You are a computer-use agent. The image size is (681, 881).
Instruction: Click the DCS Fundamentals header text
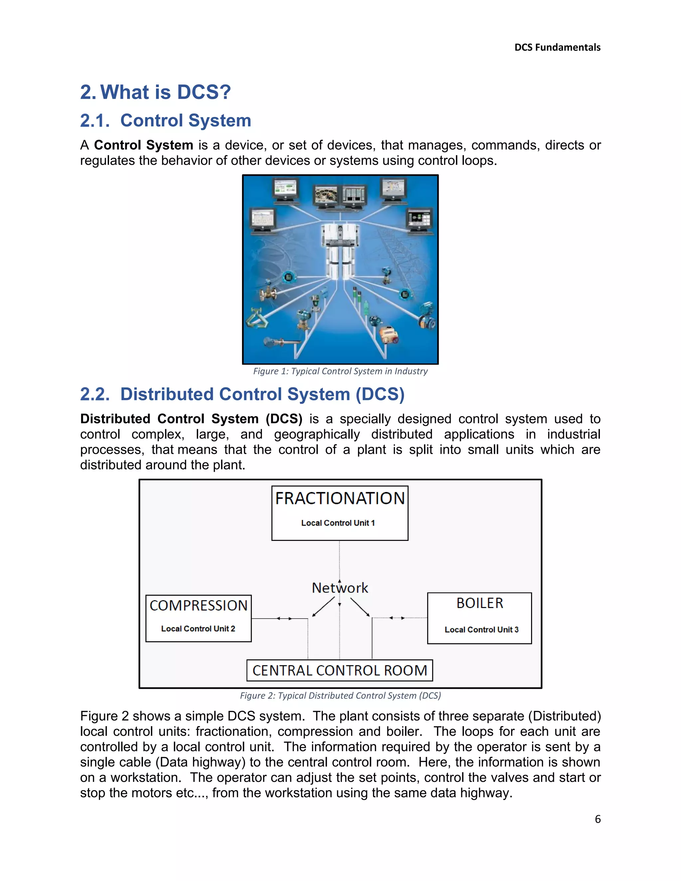pyautogui.click(x=557, y=48)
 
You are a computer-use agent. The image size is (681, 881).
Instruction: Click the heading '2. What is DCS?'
pyautogui.click(x=155, y=92)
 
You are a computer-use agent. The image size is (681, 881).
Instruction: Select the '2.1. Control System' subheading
pyautogui.click(x=165, y=121)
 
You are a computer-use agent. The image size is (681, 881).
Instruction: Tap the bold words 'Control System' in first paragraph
pyautogui.click(x=143, y=145)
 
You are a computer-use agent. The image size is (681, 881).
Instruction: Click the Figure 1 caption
pyautogui.click(x=340, y=371)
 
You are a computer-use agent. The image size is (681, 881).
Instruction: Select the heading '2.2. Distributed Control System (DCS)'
pyautogui.click(x=242, y=394)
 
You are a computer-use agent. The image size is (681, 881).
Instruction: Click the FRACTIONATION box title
pyautogui.click(x=340, y=499)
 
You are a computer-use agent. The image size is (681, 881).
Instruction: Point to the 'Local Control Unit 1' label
pyautogui.click(x=338, y=523)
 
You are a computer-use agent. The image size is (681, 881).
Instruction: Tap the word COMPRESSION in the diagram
pyautogui.click(x=198, y=605)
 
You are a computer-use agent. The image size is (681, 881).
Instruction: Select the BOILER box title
pyautogui.click(x=479, y=603)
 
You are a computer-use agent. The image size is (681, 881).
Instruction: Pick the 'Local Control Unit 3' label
pyautogui.click(x=481, y=630)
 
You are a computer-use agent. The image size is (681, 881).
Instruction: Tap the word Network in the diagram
pyautogui.click(x=340, y=588)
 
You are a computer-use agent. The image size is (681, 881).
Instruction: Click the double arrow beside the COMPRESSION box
pyautogui.click(x=284, y=618)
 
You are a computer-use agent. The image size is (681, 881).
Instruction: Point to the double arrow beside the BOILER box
pyautogui.click(x=397, y=618)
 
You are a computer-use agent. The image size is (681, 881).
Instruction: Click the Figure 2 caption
pyautogui.click(x=340, y=695)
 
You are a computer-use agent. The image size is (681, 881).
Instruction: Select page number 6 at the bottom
pyautogui.click(x=598, y=819)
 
